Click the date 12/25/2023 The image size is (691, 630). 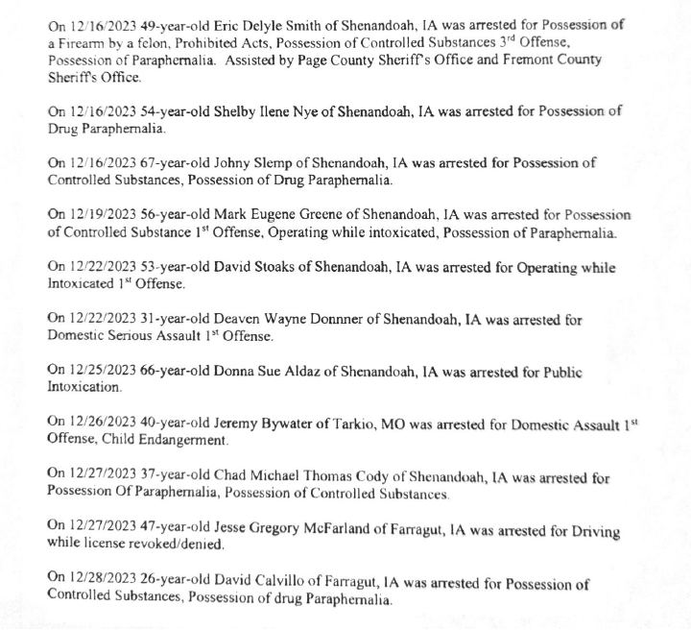click(104, 372)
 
